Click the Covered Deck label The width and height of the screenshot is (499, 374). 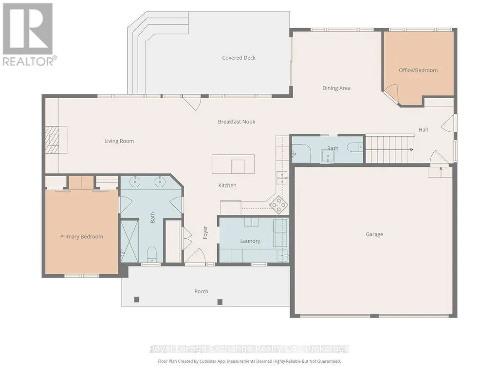(239, 58)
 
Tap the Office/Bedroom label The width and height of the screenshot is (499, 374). (418, 71)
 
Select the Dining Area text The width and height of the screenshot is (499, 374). (336, 88)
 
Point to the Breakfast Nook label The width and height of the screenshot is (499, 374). (237, 122)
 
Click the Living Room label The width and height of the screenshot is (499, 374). (119, 141)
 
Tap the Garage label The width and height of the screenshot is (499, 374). (374, 234)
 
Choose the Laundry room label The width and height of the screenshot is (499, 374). (250, 241)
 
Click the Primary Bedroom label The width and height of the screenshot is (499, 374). (81, 237)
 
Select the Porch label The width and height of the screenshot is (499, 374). (201, 291)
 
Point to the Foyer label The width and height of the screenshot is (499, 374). (205, 232)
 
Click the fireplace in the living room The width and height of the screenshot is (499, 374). (56, 140)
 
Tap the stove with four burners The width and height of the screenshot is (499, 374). (279, 204)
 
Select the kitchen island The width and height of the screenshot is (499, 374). (233, 164)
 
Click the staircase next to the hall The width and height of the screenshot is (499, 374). (389, 149)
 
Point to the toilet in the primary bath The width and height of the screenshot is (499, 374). (152, 254)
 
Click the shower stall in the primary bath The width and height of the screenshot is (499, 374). (129, 241)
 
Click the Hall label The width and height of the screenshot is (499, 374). (423, 130)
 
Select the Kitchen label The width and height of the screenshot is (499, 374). (227, 185)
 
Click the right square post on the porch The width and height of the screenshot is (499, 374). (220, 302)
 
